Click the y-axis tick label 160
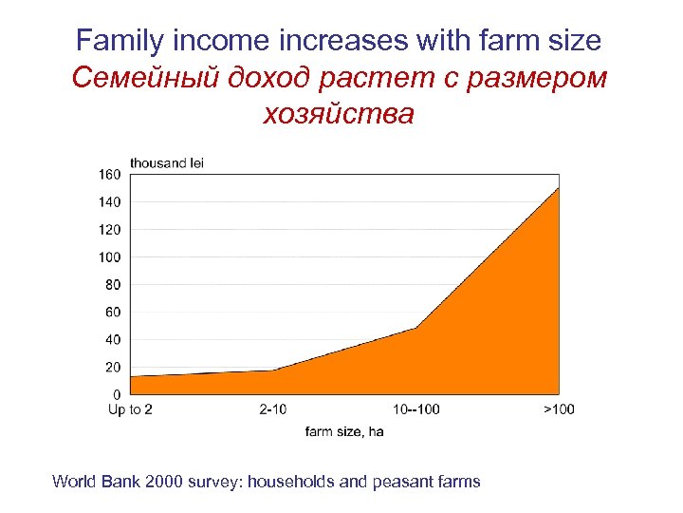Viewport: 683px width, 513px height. [109, 174]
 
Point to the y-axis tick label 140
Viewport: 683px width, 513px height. [109, 201]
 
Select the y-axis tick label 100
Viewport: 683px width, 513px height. [109, 256]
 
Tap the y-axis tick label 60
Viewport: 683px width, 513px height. [113, 312]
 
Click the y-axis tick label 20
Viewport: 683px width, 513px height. [113, 367]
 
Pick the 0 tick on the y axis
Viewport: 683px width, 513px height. [117, 394]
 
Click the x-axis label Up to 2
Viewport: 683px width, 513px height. [130, 409]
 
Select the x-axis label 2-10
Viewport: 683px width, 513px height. [272, 409]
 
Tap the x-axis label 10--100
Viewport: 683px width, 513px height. [415, 409]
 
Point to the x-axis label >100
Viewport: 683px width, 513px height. [559, 409]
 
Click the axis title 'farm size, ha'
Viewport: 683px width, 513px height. [344, 431]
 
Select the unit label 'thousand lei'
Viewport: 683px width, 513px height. [167, 162]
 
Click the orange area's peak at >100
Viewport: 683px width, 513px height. [559, 188]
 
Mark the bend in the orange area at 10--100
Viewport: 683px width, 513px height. [415, 328]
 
